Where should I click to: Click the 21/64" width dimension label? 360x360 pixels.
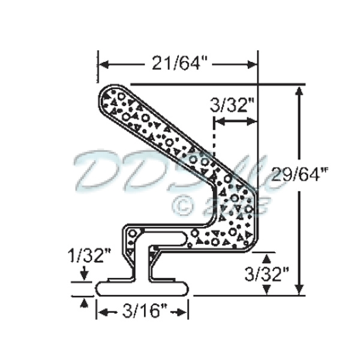[x=178, y=62]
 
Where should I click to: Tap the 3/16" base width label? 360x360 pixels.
[x=143, y=311]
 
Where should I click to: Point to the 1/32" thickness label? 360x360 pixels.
[x=89, y=259]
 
